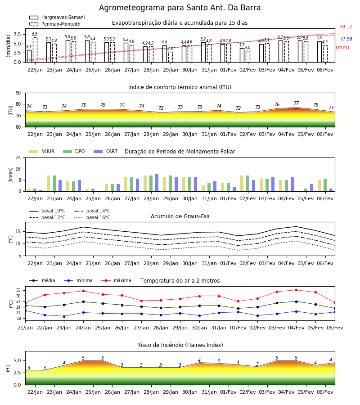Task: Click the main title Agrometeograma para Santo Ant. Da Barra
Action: click(x=180, y=8)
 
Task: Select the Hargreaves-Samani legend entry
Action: click(x=57, y=17)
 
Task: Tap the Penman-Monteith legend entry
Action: click(x=55, y=24)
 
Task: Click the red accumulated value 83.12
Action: click(x=346, y=27)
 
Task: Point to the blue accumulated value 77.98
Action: click(x=346, y=39)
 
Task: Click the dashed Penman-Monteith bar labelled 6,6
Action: click(x=35, y=50)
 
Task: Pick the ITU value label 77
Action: click(x=296, y=103)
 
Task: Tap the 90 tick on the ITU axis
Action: click(x=18, y=93)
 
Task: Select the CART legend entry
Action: click(x=106, y=151)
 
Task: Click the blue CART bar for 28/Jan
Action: click(x=157, y=183)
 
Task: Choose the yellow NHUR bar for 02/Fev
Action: click(x=242, y=184)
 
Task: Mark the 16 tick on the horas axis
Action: click(x=18, y=169)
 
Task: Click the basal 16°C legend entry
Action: click(x=92, y=217)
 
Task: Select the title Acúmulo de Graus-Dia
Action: click(x=180, y=216)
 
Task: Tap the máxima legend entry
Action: click(x=116, y=280)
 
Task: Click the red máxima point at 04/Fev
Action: click(x=296, y=290)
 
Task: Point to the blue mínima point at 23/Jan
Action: click(x=64, y=316)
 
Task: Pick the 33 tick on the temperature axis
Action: click(x=18, y=290)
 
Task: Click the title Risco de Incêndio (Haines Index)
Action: click(x=180, y=345)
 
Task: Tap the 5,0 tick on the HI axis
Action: click(x=17, y=360)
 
